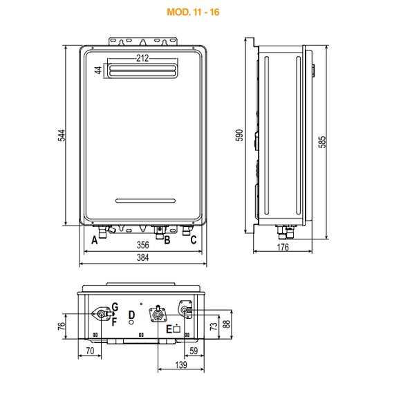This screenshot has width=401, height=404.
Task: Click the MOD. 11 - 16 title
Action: click(x=193, y=12)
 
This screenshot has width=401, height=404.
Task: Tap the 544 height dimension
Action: click(x=62, y=136)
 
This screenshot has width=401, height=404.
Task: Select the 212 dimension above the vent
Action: click(x=142, y=58)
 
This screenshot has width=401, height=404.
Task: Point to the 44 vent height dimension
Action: click(x=98, y=70)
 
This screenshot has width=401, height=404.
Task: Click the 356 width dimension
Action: click(x=143, y=245)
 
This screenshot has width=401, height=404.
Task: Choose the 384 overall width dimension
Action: click(x=143, y=257)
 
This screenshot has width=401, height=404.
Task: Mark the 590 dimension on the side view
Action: click(x=239, y=136)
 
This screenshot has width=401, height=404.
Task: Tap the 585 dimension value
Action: click(x=322, y=142)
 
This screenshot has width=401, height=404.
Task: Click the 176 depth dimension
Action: click(x=283, y=248)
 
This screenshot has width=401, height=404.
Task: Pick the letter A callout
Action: click(x=95, y=240)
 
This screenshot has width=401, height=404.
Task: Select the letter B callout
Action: click(x=167, y=240)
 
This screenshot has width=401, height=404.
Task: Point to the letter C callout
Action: click(x=194, y=240)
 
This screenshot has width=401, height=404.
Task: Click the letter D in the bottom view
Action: click(x=131, y=315)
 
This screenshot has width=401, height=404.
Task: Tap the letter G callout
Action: click(x=115, y=307)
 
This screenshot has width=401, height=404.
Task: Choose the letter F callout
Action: click(x=114, y=322)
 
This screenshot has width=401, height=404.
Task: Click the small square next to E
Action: click(x=177, y=329)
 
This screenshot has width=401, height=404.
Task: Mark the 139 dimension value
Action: click(x=181, y=365)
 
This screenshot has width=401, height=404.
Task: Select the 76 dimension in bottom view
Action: click(x=62, y=327)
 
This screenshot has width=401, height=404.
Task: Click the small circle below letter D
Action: click(x=131, y=322)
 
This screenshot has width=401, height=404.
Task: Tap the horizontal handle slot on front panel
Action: click(x=145, y=201)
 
